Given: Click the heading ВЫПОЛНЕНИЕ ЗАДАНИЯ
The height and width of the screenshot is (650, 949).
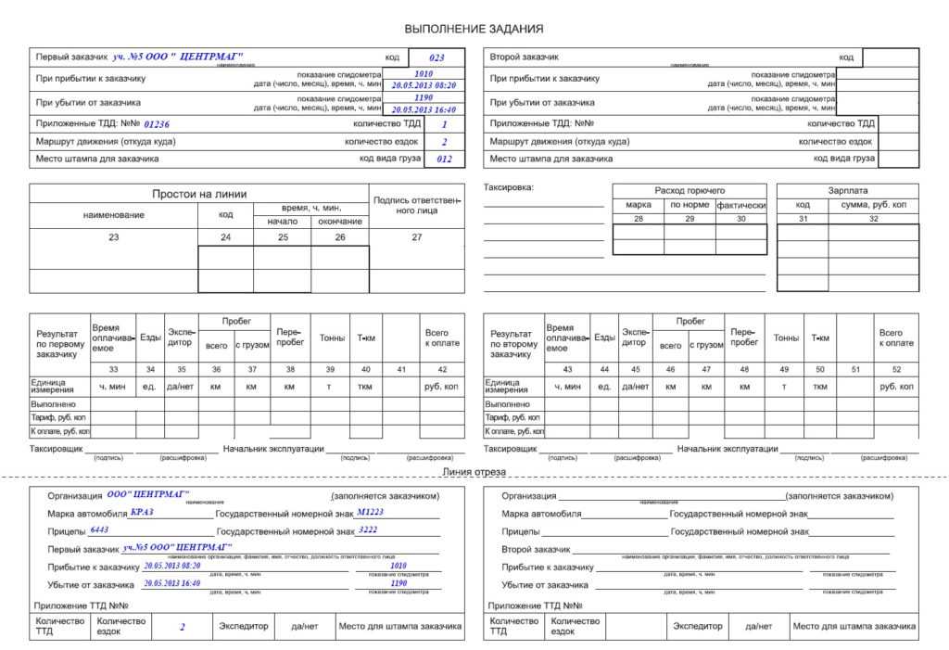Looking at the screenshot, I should coord(474,29).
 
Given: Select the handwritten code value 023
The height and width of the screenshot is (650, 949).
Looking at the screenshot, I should coord(437,57).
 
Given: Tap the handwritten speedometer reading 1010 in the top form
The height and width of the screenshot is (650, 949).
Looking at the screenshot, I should coord(424,73).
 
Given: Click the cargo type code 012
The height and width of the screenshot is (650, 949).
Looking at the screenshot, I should coord(445,159).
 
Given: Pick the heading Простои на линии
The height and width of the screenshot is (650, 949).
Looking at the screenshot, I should coord(199,194).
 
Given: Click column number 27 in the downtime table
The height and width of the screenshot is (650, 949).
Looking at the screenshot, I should coord(416,237).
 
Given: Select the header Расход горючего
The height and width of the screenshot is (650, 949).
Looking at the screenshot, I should coord(690,190).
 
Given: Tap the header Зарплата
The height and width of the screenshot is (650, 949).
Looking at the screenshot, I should coord(847,190).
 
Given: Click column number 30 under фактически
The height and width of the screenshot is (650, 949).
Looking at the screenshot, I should coord(740,219).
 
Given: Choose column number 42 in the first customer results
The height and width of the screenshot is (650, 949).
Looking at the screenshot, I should coord(441,370).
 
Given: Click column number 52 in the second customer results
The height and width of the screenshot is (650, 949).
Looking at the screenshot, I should coord(895,370).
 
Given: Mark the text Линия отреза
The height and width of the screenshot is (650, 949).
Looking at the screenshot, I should coord(474,472).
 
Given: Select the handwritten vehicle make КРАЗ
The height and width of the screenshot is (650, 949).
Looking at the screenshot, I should coord(142,512).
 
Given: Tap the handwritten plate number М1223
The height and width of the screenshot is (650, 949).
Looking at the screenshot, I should coord(370,512).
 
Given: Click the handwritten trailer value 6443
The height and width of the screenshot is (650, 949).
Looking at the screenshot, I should coord(99,530).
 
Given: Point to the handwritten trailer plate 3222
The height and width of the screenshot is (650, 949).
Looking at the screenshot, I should coord(368,530).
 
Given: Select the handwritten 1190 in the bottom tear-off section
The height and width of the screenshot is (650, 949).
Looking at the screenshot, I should coord(399,583).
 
